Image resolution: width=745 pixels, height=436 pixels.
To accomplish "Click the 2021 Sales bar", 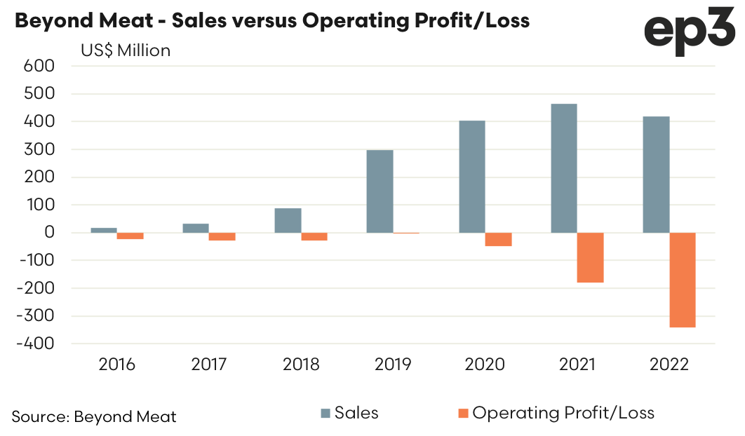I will point(564,168).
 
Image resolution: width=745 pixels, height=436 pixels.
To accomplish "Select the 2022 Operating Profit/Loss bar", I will point(683,280).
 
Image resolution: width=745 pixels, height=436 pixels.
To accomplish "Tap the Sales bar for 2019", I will point(380,191).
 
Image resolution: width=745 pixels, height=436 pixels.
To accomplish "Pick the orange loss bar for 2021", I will point(590,257).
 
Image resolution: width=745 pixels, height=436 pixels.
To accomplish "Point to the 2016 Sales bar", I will point(104,230).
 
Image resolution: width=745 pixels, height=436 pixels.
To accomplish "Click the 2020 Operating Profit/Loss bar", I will point(498,239).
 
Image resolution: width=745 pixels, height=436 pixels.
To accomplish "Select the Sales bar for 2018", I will point(288,220).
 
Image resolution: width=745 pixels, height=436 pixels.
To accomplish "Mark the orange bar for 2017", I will point(222,236).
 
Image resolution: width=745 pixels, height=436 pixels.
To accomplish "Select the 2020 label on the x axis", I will point(485,365).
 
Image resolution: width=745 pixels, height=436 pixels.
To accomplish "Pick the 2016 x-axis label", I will point(116,365).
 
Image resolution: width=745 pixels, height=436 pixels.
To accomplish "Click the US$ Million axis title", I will point(125,50).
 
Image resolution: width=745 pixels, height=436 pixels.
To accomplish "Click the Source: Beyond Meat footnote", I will point(94,416).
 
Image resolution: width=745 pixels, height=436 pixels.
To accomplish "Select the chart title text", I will point(271,21).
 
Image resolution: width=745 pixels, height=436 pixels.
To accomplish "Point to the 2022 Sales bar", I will point(656,175).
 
